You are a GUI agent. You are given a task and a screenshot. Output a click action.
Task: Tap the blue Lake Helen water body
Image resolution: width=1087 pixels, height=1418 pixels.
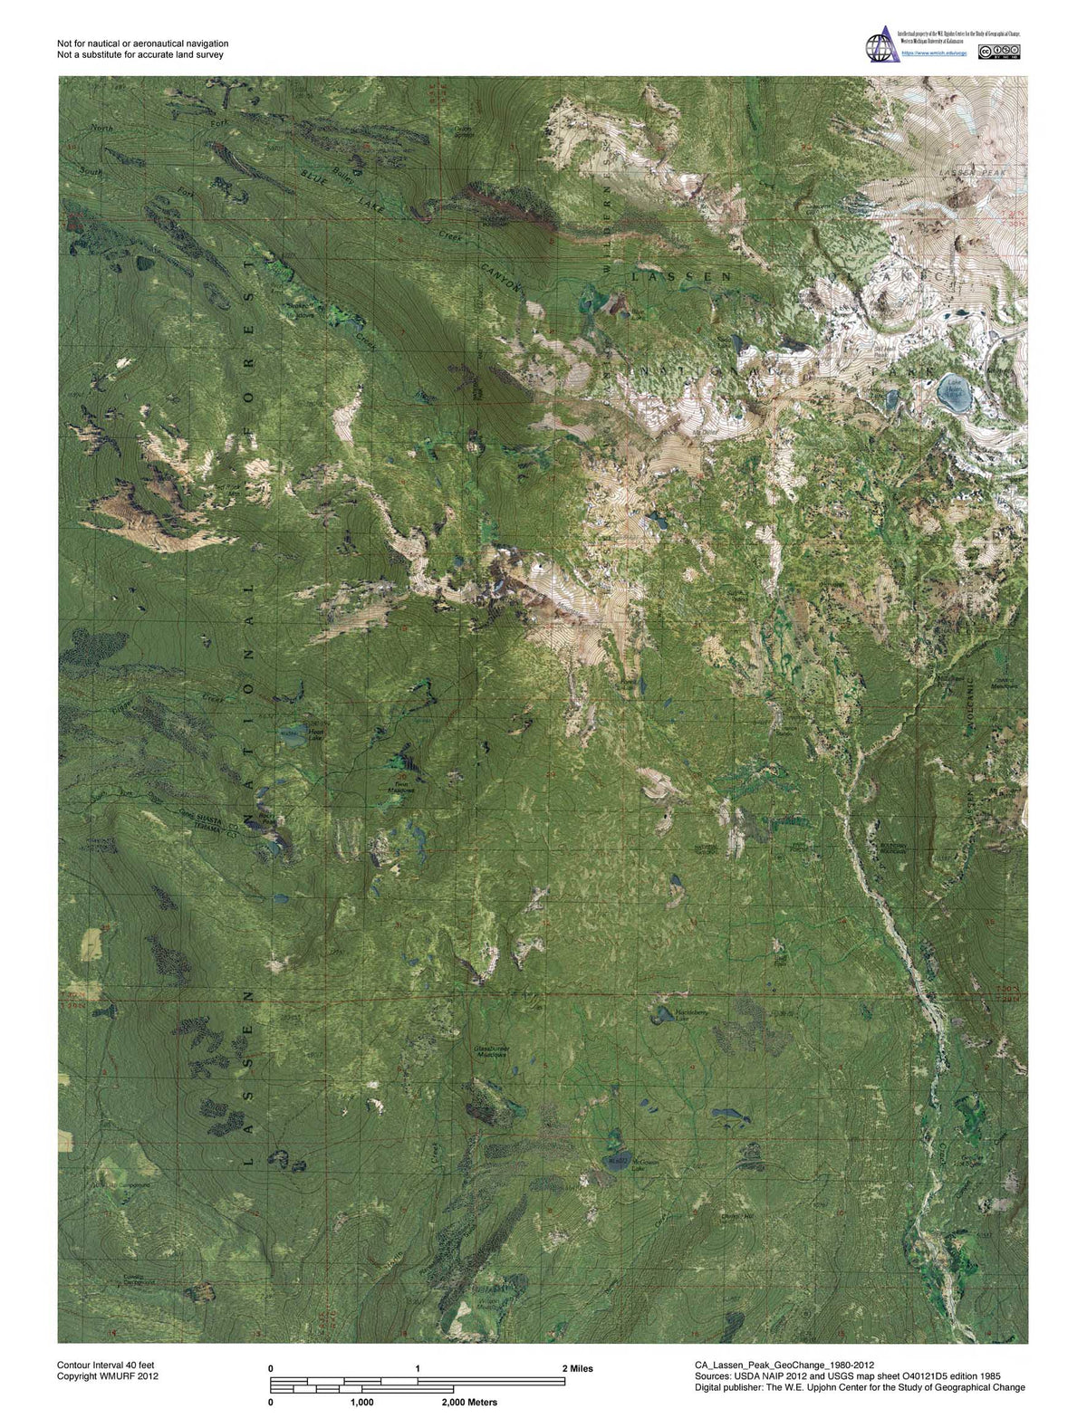pos(955,392)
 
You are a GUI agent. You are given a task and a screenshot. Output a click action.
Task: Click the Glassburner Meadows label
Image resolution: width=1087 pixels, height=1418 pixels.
pos(496,1051)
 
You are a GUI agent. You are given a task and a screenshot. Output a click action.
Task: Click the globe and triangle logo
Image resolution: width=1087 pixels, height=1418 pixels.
pos(882,44)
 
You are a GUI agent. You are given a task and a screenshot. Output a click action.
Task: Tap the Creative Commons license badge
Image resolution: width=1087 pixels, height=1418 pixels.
pos(1005,53)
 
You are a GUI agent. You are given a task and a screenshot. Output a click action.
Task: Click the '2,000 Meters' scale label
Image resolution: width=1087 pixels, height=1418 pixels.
pos(469,1402)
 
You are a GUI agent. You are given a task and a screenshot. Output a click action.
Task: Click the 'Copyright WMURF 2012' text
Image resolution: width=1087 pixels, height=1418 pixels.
pos(108,1376)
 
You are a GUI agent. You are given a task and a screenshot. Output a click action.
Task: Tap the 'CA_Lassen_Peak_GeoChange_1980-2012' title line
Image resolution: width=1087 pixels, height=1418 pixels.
pos(784,1365)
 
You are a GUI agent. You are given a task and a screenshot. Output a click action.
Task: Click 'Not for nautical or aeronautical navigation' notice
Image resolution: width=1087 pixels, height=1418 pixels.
pos(142,43)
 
